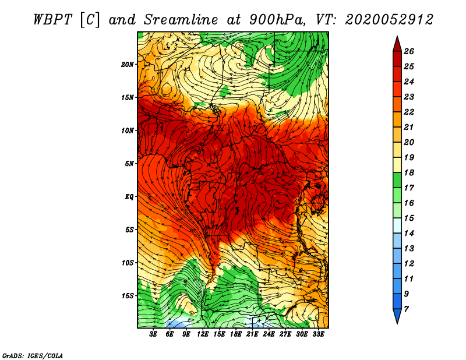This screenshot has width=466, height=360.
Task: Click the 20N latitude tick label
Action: click(x=128, y=64)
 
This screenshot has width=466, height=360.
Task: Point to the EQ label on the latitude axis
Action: click(x=129, y=196)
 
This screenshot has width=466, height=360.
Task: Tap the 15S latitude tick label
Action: click(x=128, y=296)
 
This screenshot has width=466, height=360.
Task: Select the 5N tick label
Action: click(x=129, y=164)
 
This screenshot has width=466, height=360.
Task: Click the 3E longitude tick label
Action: click(x=153, y=334)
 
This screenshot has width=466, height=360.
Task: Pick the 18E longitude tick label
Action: click(x=236, y=334)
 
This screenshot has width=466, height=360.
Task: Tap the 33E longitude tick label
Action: click(x=318, y=334)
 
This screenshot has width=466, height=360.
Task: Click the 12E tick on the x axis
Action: click(x=202, y=334)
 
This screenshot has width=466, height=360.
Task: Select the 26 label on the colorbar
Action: click(x=409, y=51)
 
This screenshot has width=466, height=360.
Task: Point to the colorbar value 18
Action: click(x=409, y=172)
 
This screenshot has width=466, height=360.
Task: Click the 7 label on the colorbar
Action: click(x=406, y=309)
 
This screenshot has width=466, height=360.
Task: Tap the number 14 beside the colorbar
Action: click(x=409, y=234)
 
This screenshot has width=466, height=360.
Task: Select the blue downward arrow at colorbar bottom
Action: click(x=397, y=315)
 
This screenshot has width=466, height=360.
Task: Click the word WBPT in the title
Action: click(x=52, y=20)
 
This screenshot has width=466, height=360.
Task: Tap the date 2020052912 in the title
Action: click(x=389, y=20)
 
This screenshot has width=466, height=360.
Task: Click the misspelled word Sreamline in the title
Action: click(x=181, y=20)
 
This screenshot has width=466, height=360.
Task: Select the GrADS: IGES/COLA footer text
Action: click(x=33, y=355)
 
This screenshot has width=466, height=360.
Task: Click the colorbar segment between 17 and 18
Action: click(x=397, y=180)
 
